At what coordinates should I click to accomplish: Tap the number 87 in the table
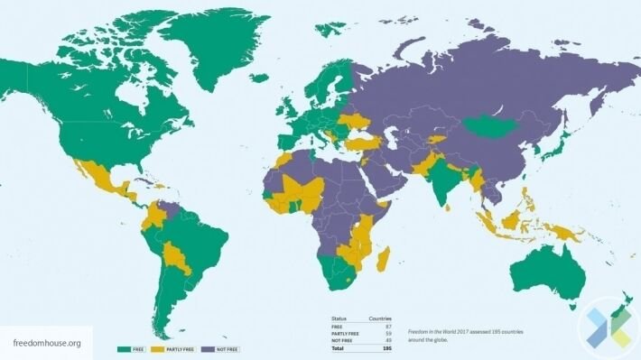tap(386, 326)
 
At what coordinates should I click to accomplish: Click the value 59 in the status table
tap(386, 332)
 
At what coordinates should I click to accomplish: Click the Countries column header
tap(379, 318)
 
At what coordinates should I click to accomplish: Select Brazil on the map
tap(203, 239)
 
